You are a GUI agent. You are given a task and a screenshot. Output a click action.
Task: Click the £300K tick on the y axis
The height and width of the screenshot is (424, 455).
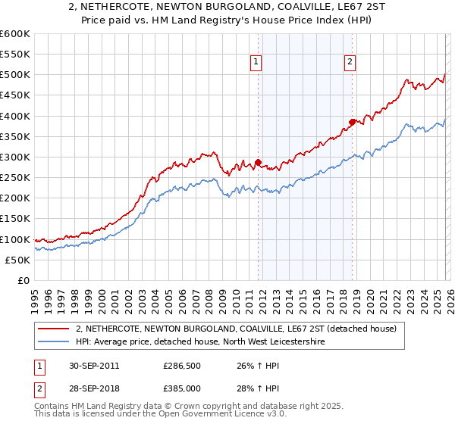tap(15, 157)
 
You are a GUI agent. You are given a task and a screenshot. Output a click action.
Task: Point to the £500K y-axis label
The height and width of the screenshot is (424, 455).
tap(15, 75)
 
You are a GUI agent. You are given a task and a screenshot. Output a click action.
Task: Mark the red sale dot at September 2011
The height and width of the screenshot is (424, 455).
tap(259, 162)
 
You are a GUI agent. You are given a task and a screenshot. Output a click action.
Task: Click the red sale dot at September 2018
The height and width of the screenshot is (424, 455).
tap(352, 122)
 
